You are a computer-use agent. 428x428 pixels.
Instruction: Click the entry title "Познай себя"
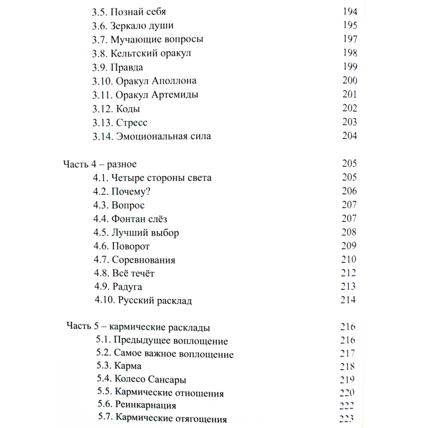tap(138, 12)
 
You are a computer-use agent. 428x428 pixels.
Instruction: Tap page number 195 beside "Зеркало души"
tap(350, 25)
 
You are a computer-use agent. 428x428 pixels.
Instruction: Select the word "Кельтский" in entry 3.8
tap(129, 53)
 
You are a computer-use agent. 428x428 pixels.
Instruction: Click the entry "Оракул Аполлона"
tap(156, 81)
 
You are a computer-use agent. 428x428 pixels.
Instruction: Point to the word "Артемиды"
tap(179, 95)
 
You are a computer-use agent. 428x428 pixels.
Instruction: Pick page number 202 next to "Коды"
tap(350, 108)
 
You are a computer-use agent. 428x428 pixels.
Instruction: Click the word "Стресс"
tap(132, 123)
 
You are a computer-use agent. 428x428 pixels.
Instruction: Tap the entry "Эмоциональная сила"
tap(163, 136)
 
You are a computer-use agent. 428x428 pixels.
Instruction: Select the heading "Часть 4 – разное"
tap(100, 164)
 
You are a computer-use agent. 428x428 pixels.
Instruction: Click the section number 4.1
tap(101, 178)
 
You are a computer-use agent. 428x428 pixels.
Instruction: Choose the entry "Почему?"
tap(131, 192)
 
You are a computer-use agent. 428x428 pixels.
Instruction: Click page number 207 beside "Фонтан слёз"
tap(349, 218)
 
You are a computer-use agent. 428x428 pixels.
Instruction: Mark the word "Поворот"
tap(131, 246)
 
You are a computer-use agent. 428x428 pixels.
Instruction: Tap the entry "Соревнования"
tap(143, 260)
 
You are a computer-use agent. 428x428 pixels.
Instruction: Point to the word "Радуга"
tap(127, 287)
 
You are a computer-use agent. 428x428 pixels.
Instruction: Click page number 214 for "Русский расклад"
tap(348, 300)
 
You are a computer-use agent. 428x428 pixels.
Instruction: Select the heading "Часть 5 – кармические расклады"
tap(138, 327)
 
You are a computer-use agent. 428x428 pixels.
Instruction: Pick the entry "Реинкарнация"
tap(146, 406)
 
